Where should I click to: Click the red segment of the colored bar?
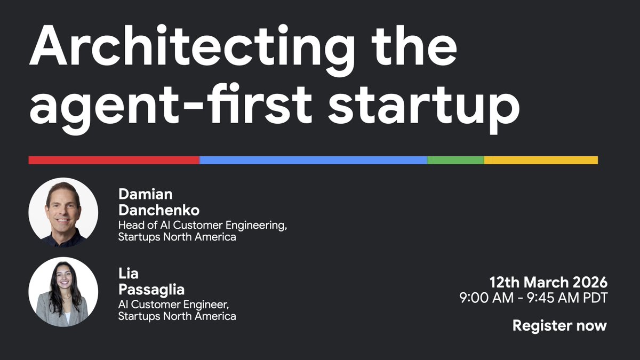click(x=114, y=160)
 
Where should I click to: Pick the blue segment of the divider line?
click(x=313, y=160)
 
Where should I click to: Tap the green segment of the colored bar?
click(x=455, y=160)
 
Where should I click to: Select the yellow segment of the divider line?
click(x=540, y=160)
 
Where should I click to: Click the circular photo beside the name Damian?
click(x=63, y=212)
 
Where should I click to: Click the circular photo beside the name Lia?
click(x=63, y=292)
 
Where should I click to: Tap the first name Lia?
click(x=129, y=274)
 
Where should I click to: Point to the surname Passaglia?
click(x=151, y=290)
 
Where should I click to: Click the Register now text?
click(x=559, y=325)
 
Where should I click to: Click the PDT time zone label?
click(x=595, y=298)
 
